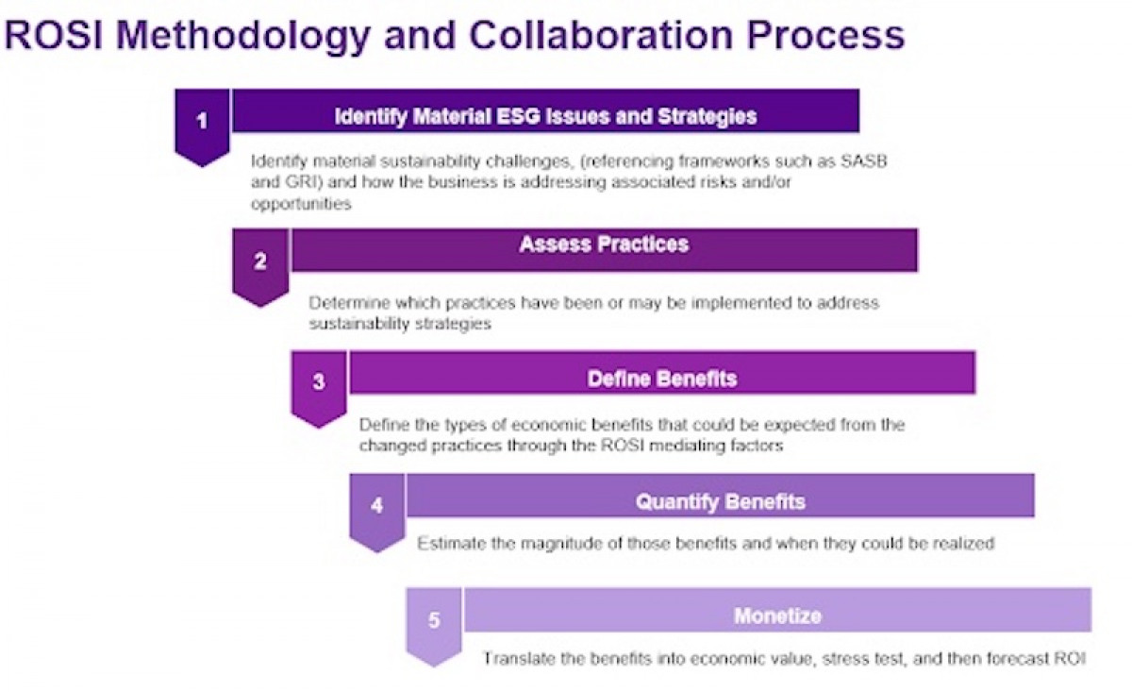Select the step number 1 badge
[201, 122]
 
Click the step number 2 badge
[260, 262]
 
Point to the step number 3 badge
[319, 382]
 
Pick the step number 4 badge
[377, 505]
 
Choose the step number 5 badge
[434, 620]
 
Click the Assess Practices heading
[604, 245]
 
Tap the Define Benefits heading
[661, 380]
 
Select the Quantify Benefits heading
[720, 501]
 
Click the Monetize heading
[777, 616]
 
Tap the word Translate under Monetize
[515, 659]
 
